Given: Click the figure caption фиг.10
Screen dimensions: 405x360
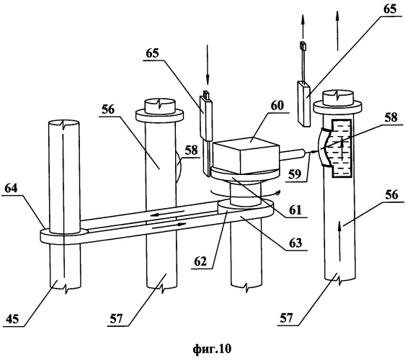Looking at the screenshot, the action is pyautogui.click(x=212, y=349).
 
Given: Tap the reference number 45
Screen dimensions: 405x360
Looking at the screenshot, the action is pyautogui.click(x=12, y=319).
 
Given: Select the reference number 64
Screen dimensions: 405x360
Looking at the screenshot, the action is pyautogui.click(x=11, y=188).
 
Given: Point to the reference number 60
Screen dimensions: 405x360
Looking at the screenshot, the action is pyautogui.click(x=277, y=106).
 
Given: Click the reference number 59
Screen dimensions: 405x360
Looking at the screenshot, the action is pyautogui.click(x=295, y=174).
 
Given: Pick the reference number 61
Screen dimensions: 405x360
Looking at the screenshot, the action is pyautogui.click(x=295, y=210).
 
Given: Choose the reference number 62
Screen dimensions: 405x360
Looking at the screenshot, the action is pyautogui.click(x=200, y=261).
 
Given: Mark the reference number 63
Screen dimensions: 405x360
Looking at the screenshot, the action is pyautogui.click(x=295, y=243).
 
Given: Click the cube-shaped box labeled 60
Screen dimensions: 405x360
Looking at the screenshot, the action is pyautogui.click(x=246, y=155).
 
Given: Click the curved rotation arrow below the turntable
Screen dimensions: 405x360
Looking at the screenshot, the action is pyautogui.click(x=245, y=193).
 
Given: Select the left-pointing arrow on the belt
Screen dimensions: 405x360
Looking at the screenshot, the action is pyautogui.click(x=167, y=213).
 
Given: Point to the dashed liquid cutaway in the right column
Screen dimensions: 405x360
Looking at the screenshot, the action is pyautogui.click(x=342, y=148).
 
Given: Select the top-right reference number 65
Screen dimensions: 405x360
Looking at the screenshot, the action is pyautogui.click(x=390, y=9).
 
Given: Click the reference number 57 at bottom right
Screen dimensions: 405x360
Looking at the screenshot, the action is pyautogui.click(x=287, y=318).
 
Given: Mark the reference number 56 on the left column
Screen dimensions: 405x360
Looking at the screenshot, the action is pyautogui.click(x=108, y=109).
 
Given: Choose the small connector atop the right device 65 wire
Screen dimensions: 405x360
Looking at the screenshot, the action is pyautogui.click(x=303, y=46).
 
